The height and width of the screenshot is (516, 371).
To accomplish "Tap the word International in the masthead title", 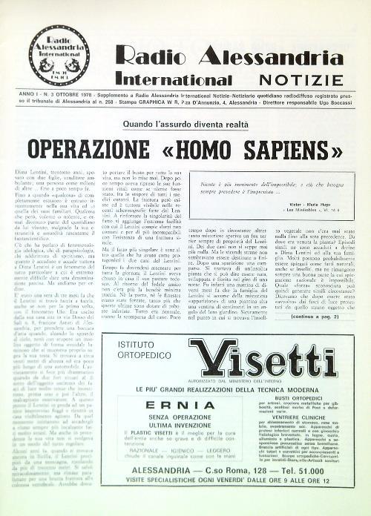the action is point(172,77).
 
